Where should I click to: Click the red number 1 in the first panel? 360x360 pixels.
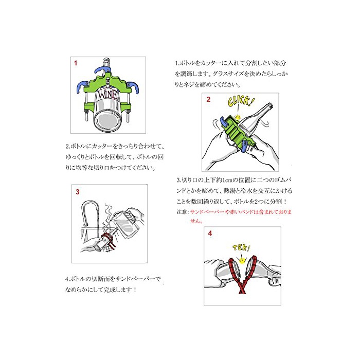click(76, 63)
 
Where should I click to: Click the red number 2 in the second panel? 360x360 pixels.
click(208, 99)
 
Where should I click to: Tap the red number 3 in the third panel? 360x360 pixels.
click(78, 192)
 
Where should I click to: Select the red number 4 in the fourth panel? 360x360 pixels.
click(210, 233)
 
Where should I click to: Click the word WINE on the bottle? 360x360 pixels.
click(108, 94)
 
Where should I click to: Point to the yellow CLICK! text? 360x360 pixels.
click(241, 102)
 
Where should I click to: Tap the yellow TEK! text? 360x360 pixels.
click(241, 248)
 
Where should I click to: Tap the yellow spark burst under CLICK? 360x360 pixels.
click(238, 117)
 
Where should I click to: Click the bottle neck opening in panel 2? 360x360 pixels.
click(270, 106)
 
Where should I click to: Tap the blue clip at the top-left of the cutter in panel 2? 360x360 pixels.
click(224, 122)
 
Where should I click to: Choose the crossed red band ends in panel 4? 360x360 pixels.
click(242, 290)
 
